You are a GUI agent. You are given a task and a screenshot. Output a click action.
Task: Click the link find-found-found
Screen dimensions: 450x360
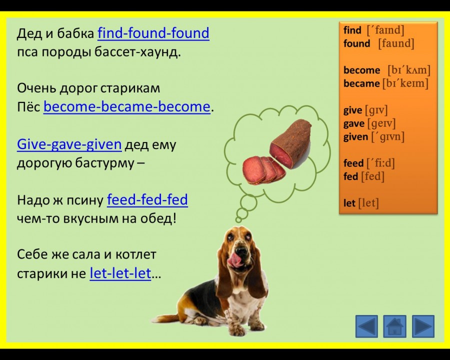(153, 33)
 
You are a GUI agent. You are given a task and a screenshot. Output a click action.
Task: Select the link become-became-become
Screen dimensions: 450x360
(127, 107)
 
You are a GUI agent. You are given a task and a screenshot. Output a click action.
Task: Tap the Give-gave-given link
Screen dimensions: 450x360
(69, 144)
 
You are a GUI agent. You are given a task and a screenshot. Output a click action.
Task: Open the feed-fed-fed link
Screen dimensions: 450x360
(147, 199)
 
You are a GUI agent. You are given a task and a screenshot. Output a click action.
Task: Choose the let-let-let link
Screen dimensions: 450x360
(120, 273)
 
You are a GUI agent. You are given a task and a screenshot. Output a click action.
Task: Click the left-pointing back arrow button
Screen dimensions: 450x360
(366, 326)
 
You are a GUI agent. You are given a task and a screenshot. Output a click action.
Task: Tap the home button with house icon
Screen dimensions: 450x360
(394, 326)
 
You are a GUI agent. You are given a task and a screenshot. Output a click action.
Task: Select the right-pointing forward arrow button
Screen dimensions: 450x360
(423, 326)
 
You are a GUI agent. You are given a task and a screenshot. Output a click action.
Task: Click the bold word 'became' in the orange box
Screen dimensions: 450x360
(361, 83)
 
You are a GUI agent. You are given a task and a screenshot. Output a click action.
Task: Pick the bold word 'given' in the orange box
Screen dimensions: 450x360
(355, 137)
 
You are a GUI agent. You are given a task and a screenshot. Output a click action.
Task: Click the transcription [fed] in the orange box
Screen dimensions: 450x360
(372, 176)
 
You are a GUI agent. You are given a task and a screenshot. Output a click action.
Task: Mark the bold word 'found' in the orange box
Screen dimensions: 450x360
(356, 43)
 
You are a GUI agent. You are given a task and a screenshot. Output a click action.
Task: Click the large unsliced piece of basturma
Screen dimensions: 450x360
(291, 143)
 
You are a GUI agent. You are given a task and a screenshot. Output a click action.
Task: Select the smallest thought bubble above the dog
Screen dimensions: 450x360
(238, 220)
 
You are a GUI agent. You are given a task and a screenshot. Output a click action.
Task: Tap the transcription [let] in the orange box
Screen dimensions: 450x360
(368, 203)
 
